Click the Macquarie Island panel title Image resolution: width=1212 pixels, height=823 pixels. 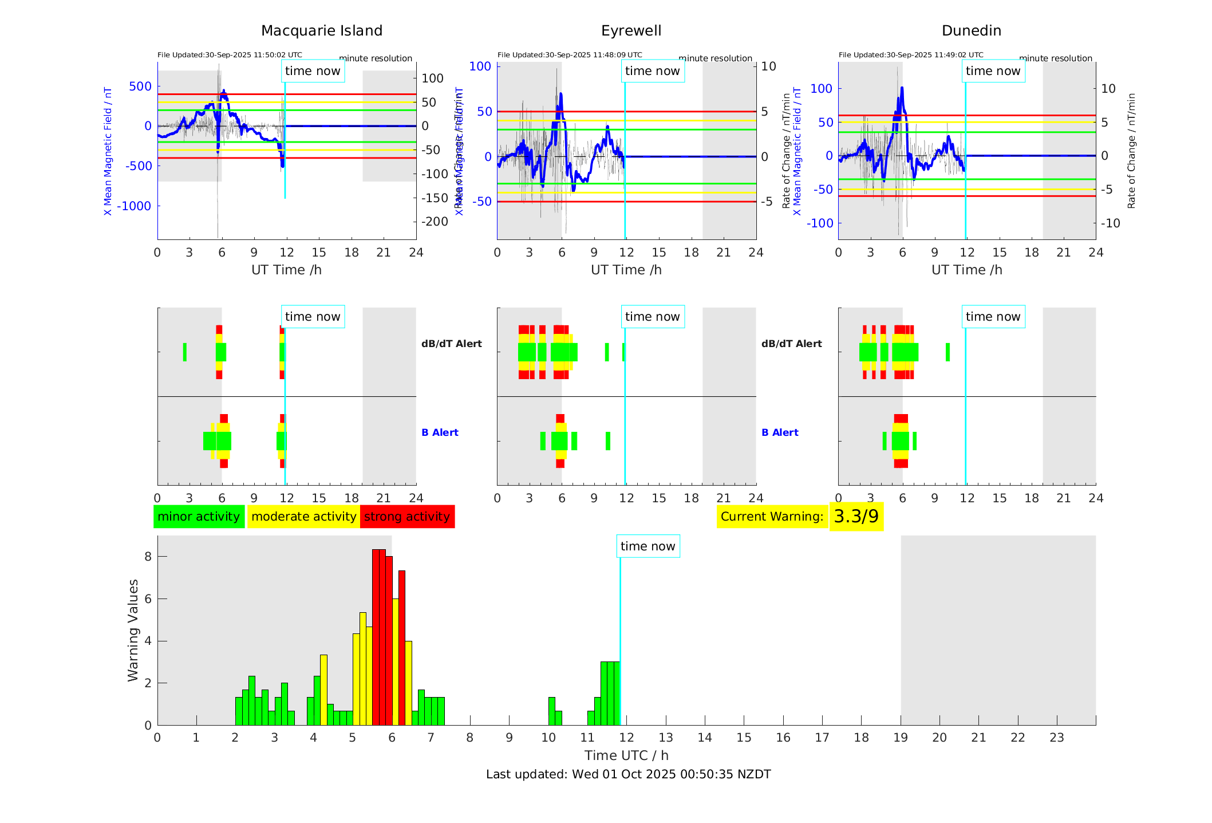click(x=321, y=31)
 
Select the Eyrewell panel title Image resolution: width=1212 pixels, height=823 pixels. click(x=631, y=31)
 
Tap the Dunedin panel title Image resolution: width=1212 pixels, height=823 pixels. click(x=971, y=31)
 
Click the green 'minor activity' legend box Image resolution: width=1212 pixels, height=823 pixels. click(x=199, y=517)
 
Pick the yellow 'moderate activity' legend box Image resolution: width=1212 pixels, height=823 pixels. click(x=303, y=517)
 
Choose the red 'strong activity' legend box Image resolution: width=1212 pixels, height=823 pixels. click(x=407, y=517)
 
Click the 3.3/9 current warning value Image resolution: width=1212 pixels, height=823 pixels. click(x=856, y=517)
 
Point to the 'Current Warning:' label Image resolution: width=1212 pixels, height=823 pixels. click(x=772, y=517)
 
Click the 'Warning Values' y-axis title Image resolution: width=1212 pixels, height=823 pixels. click(x=133, y=630)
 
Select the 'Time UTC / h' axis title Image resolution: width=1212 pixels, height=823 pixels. click(x=626, y=755)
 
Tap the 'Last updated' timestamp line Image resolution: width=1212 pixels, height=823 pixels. click(x=628, y=774)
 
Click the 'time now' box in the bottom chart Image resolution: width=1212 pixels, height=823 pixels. click(x=648, y=546)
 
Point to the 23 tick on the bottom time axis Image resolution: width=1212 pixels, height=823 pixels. click(x=1056, y=738)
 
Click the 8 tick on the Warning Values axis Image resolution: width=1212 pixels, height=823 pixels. click(x=148, y=557)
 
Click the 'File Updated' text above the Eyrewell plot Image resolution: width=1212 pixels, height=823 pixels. click(x=570, y=55)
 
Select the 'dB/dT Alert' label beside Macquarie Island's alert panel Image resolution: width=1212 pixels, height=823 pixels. click(x=451, y=344)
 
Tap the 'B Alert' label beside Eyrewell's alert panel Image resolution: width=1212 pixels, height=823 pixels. click(x=780, y=432)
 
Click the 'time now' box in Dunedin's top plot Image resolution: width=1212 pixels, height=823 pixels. click(x=993, y=71)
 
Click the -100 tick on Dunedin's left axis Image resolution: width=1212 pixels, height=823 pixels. click(x=819, y=223)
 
